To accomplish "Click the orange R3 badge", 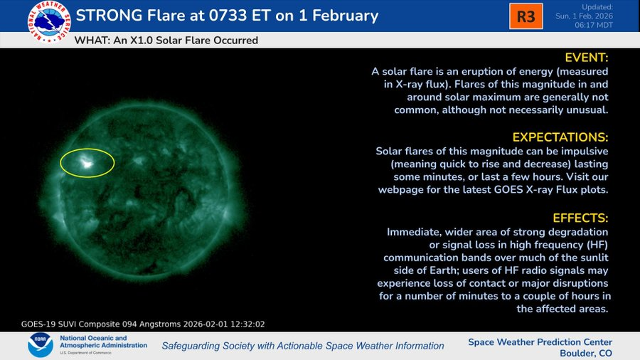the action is click(x=526, y=16).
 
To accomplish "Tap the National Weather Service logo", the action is click(x=49, y=21).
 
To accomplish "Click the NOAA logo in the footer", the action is click(x=41, y=345).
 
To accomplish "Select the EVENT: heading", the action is click(x=587, y=58).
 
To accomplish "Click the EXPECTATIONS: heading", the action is click(x=560, y=137).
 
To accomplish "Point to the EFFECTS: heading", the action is click(x=580, y=218).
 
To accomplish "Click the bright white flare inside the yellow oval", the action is click(x=86, y=163).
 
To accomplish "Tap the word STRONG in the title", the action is click(x=109, y=16).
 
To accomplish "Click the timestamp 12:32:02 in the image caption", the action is click(x=247, y=324).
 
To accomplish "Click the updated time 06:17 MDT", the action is click(x=594, y=25).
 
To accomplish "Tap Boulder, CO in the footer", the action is click(x=586, y=353).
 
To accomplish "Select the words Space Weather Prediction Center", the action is click(x=540, y=342).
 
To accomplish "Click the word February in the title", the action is click(x=346, y=16).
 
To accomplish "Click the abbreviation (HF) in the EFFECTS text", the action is click(x=597, y=245).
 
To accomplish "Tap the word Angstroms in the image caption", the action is click(x=160, y=324).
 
